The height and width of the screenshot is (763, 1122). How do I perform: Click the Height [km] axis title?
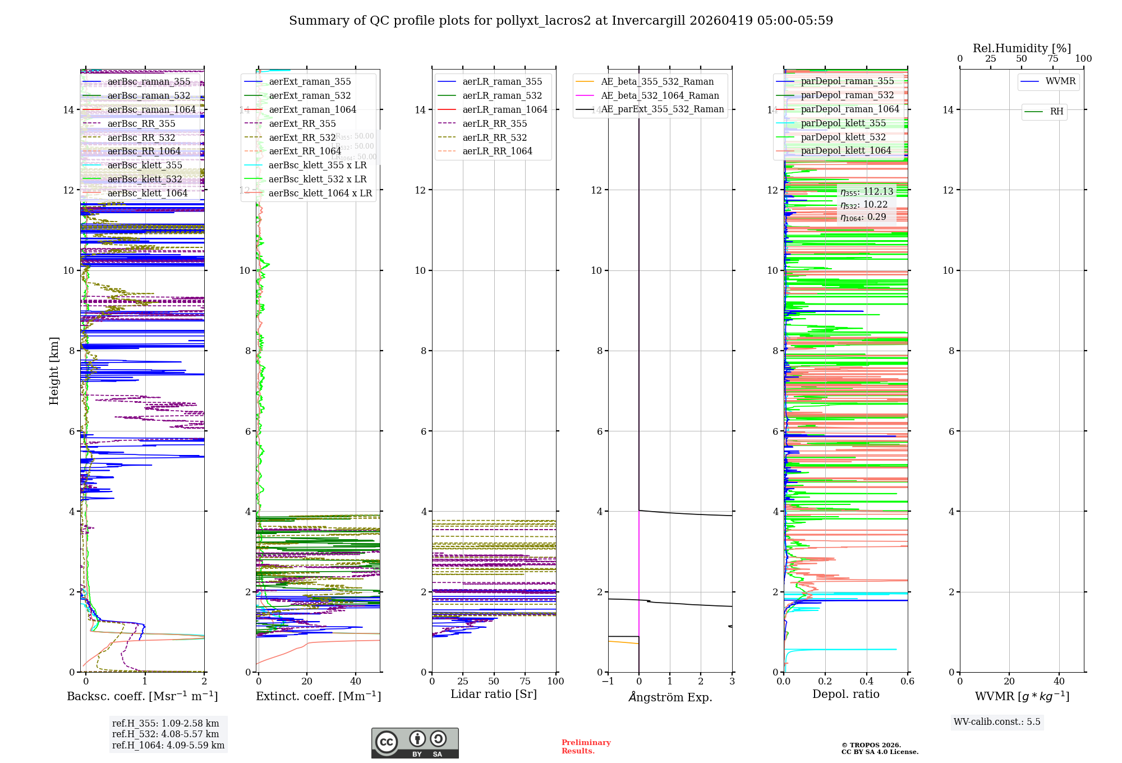[54, 371]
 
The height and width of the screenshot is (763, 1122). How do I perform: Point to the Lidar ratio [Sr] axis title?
[494, 694]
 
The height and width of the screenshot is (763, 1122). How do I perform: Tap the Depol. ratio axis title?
[845, 694]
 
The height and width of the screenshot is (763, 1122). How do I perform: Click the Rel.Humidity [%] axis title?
[1022, 48]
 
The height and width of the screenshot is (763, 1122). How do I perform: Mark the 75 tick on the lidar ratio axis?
[525, 682]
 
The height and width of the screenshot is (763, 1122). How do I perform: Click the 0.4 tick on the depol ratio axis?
[866, 682]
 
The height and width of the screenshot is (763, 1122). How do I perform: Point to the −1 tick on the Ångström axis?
[608, 682]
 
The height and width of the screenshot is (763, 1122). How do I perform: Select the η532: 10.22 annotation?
[864, 205]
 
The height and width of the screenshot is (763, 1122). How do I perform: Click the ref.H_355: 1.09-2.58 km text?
[165, 723]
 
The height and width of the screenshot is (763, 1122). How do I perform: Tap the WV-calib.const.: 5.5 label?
[997, 721]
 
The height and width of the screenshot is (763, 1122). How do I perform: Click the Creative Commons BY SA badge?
[415, 743]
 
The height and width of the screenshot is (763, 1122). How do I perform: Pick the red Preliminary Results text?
[586, 746]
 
